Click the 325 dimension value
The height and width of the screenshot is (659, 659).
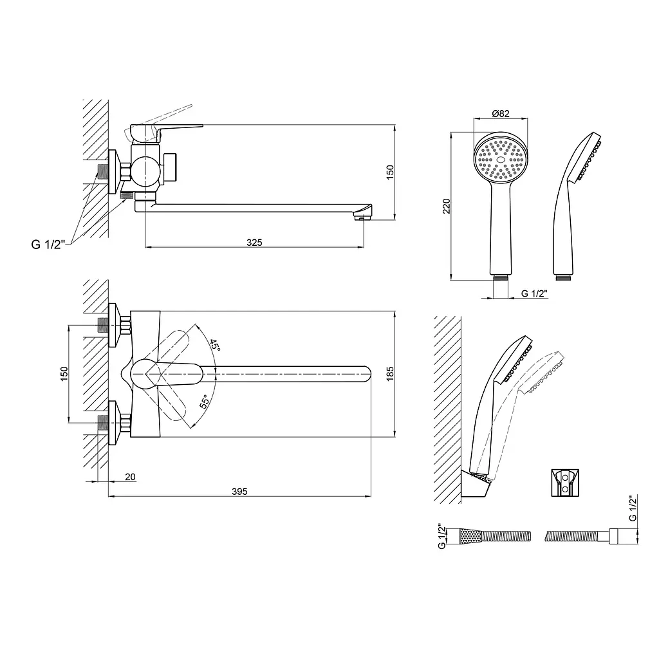point(254,243)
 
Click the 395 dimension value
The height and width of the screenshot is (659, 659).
point(239,491)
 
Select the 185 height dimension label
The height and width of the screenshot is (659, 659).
point(390,374)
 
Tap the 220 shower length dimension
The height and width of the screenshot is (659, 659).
point(447,206)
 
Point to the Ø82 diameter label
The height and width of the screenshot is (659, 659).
point(501,113)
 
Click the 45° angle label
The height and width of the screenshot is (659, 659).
point(215,345)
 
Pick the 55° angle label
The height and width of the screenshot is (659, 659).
point(205,402)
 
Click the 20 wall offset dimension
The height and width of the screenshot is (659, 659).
point(130,477)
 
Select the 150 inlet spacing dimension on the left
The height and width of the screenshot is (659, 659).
point(64,374)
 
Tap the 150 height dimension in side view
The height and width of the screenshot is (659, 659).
point(390,172)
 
